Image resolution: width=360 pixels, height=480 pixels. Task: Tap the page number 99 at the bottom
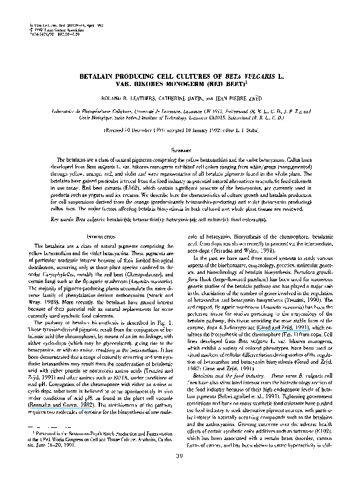pos(179,456)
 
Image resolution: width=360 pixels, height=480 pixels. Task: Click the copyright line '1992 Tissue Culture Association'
pos(54,12)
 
